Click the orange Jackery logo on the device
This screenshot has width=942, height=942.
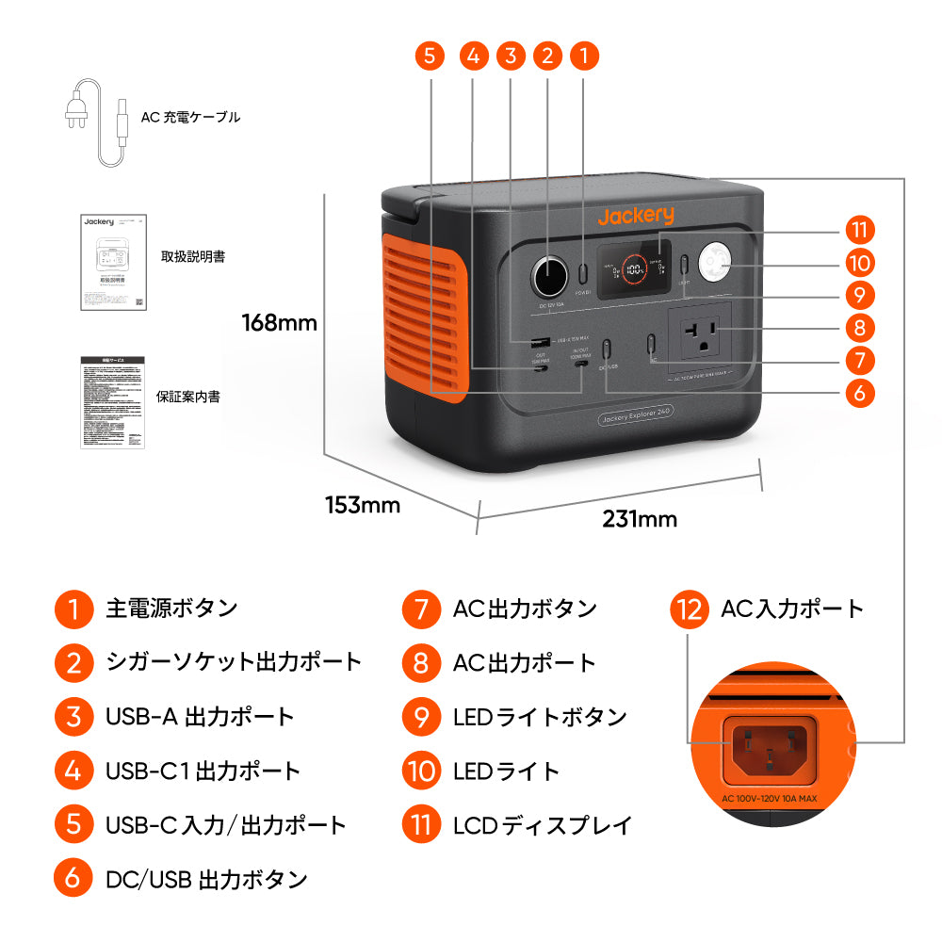click(636, 216)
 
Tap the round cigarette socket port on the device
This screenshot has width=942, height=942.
click(548, 277)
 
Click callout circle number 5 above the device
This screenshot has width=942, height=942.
click(430, 56)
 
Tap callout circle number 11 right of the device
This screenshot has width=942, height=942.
click(859, 230)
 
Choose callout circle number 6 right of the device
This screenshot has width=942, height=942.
click(859, 392)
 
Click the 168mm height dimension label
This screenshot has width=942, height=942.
click(280, 323)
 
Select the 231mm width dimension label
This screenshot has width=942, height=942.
click(640, 519)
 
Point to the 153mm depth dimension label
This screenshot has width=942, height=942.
click(363, 505)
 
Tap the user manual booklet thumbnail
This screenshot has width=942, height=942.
click(113, 261)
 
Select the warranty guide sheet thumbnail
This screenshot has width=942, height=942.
click(112, 400)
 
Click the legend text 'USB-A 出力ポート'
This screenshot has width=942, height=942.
click(200, 717)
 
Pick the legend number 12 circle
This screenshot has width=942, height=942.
click(690, 609)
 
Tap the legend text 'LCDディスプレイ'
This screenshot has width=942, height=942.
click(543, 826)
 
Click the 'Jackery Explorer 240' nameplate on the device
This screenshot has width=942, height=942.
click(634, 419)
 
